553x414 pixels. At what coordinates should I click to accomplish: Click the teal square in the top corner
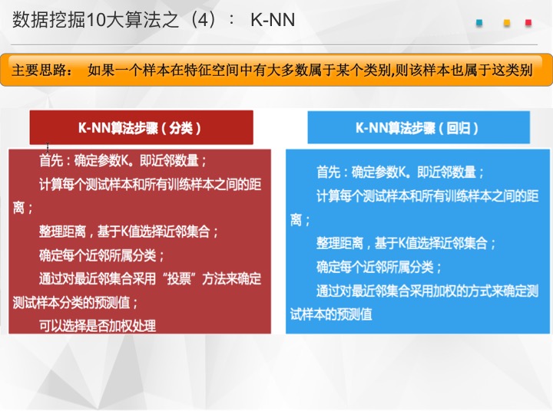(479, 23)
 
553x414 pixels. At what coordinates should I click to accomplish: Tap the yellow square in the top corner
(507, 23)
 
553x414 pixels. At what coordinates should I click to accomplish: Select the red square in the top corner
(528, 23)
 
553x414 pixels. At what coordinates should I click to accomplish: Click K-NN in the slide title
(273, 20)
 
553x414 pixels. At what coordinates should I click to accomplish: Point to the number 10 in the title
(94, 20)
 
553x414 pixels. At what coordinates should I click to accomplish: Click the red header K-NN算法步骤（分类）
(141, 127)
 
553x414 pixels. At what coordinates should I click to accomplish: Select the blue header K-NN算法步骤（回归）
(419, 127)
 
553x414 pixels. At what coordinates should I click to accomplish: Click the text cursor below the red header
(48, 146)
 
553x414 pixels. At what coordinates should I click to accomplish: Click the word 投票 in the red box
(179, 278)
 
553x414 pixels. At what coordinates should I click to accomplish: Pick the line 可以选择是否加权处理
(98, 326)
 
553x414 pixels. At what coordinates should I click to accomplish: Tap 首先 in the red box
(51, 160)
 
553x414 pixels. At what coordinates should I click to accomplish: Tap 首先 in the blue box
(329, 172)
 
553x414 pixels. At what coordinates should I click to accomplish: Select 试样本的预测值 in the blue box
(331, 314)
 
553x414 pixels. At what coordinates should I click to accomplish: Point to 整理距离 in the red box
(62, 232)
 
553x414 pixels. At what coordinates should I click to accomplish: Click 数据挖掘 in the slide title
(49, 20)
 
